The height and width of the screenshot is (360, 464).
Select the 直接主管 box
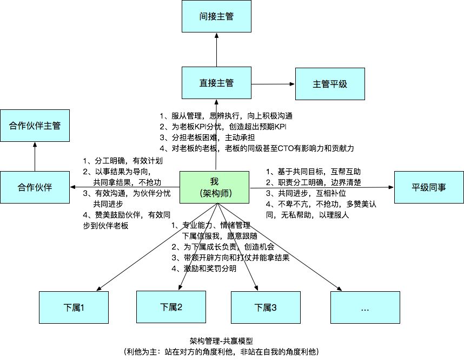[x=216, y=83]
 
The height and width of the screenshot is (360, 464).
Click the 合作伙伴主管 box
[x=35, y=126]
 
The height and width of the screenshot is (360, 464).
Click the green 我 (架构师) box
[x=214, y=187]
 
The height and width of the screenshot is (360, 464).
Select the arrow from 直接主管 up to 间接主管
[x=216, y=51]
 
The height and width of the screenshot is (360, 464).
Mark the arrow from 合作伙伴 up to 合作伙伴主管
[x=35, y=156]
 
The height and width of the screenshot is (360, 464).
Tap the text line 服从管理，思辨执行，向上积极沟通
[x=227, y=116]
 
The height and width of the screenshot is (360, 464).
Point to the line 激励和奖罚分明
[x=208, y=269]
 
